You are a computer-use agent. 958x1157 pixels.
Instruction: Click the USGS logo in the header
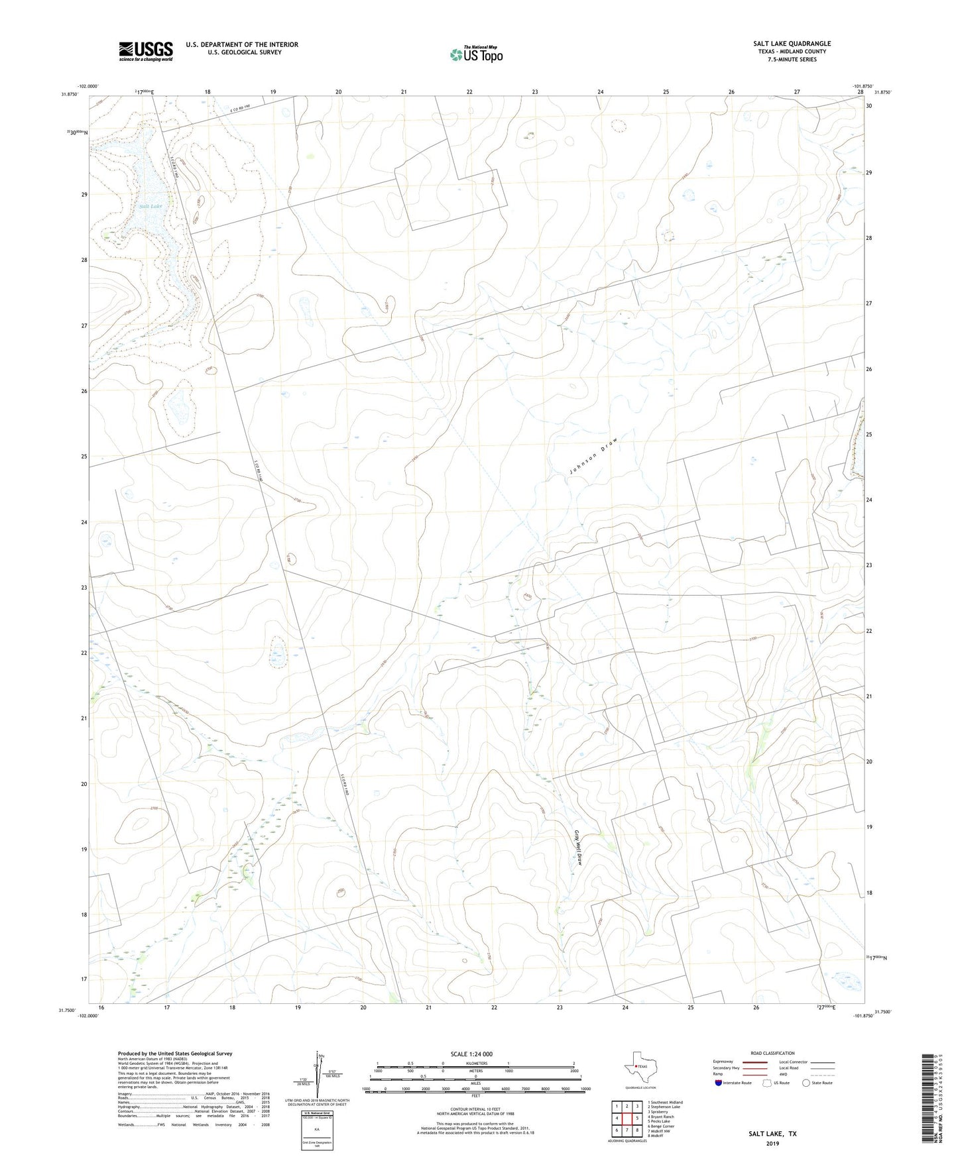[x=146, y=51]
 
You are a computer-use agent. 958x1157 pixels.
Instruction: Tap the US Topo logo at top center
[x=476, y=54]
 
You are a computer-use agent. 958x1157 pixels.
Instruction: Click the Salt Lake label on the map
[x=151, y=206]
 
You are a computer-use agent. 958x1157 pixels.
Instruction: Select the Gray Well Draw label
[x=578, y=849]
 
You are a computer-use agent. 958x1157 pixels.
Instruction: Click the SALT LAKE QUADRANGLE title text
[x=792, y=44]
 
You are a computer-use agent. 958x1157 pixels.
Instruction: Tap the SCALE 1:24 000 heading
[x=471, y=1054]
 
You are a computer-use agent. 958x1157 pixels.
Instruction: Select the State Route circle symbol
[x=806, y=1083]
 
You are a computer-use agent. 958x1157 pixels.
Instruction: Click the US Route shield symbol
[x=768, y=1083]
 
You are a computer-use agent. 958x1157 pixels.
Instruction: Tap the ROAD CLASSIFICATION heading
[x=772, y=1053]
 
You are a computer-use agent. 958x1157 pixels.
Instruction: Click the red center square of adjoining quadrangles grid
[x=627, y=1119]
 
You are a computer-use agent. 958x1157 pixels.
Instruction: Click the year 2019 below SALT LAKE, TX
[x=772, y=1144]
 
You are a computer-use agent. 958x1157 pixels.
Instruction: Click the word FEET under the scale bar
[x=475, y=1096]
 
